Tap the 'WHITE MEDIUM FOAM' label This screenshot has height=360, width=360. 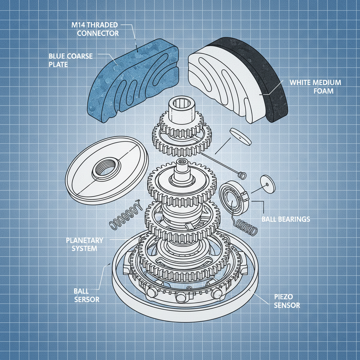(x=315, y=86)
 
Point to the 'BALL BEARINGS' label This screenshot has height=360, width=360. (x=286, y=219)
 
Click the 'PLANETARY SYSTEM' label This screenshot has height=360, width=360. (x=84, y=244)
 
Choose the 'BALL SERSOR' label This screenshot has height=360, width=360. (x=86, y=295)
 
